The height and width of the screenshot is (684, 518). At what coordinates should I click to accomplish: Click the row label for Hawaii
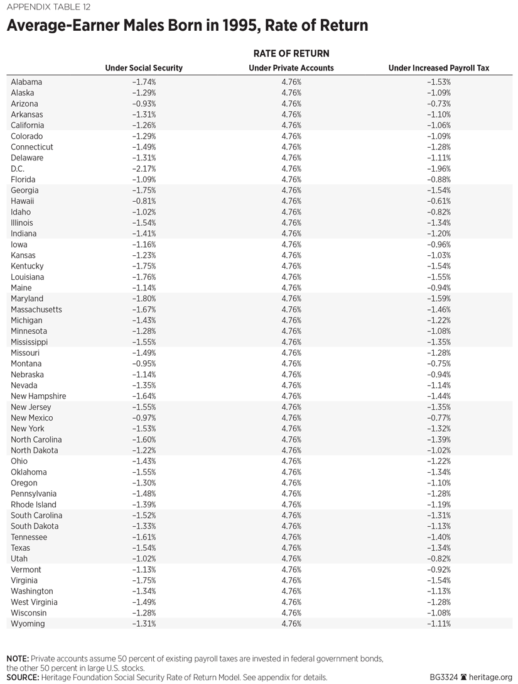23,201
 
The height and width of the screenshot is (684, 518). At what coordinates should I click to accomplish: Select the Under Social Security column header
144,68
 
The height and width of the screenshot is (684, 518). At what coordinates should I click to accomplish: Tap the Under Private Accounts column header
291,68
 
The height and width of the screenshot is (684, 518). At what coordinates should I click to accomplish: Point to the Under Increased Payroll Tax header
439,68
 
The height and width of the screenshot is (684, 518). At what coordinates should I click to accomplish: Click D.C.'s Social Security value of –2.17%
144,168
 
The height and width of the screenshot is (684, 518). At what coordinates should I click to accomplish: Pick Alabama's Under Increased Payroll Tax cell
439,82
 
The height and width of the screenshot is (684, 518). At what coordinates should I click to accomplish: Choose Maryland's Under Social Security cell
144,299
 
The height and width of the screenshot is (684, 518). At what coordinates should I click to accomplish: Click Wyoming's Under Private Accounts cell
291,624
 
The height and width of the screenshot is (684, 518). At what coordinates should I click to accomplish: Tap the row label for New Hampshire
38,396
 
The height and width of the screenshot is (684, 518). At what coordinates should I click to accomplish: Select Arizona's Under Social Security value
144,104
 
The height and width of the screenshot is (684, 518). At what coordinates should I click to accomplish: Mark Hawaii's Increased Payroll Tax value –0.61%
439,201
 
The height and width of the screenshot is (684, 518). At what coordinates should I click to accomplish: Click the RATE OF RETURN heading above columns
291,53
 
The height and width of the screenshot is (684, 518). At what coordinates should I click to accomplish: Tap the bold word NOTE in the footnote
18,658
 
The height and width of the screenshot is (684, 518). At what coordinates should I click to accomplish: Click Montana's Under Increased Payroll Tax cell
439,363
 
